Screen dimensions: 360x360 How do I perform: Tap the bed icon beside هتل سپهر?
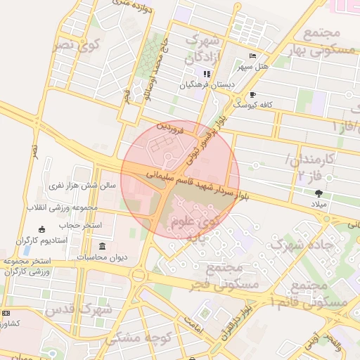pos(253,56)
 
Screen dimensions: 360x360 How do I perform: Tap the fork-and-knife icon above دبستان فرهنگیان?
pos(206,73)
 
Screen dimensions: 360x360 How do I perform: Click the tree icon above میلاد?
pos(319,193)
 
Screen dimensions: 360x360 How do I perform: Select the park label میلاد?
pos(319,203)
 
